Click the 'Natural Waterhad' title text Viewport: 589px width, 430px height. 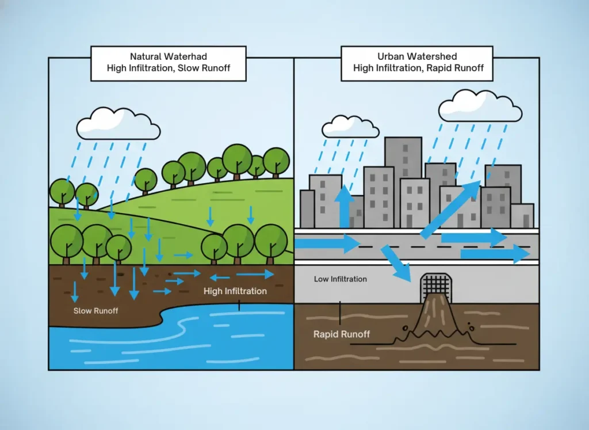[169, 56]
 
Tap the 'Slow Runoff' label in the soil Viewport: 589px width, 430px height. [95, 311]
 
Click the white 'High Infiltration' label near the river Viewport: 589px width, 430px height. [235, 291]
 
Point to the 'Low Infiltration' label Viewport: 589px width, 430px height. [340, 279]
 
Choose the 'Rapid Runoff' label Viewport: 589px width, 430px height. [342, 334]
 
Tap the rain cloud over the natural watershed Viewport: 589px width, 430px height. [118, 124]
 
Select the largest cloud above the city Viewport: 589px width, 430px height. [480, 107]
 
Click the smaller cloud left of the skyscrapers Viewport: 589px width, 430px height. [350, 128]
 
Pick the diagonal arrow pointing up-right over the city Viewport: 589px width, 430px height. [451, 208]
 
